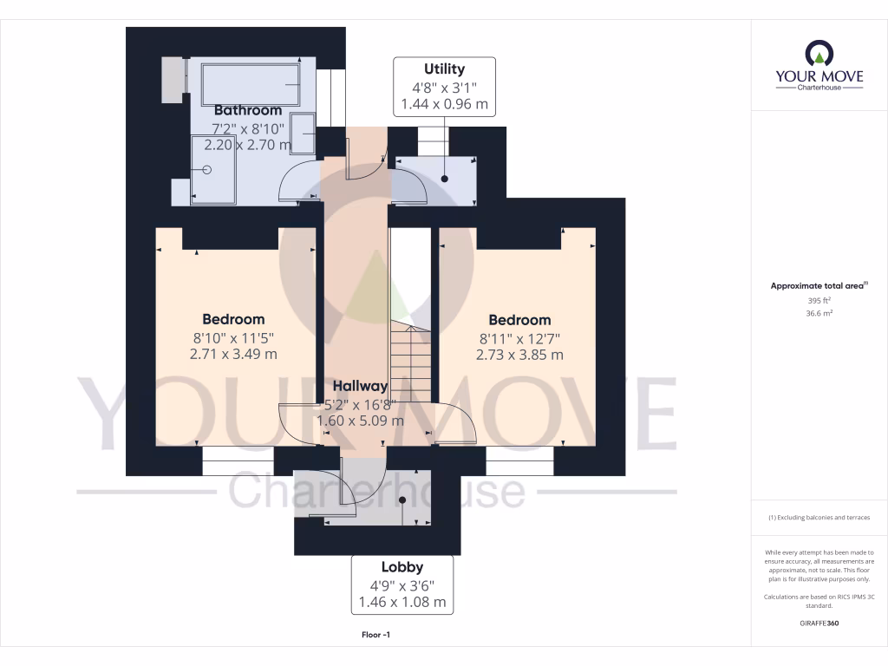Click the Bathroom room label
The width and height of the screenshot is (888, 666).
pos(248,110)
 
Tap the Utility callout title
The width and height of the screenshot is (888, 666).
pos(444,69)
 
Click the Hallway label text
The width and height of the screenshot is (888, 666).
pos(361,386)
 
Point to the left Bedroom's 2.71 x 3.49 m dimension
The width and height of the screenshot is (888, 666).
pos(234,355)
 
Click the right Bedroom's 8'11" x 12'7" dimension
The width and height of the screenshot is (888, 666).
pos(519,337)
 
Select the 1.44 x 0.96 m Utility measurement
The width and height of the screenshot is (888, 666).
pos(444,104)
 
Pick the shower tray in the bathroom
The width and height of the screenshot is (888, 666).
pos(213,170)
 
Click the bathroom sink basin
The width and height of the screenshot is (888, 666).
pos(304,134)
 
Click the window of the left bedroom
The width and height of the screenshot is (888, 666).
pos(237,460)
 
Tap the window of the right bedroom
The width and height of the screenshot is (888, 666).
pos(519,460)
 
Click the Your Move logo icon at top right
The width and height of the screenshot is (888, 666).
pos(819,55)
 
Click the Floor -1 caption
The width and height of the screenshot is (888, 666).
pos(375,636)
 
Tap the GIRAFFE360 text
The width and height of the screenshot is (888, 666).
pos(819,624)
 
